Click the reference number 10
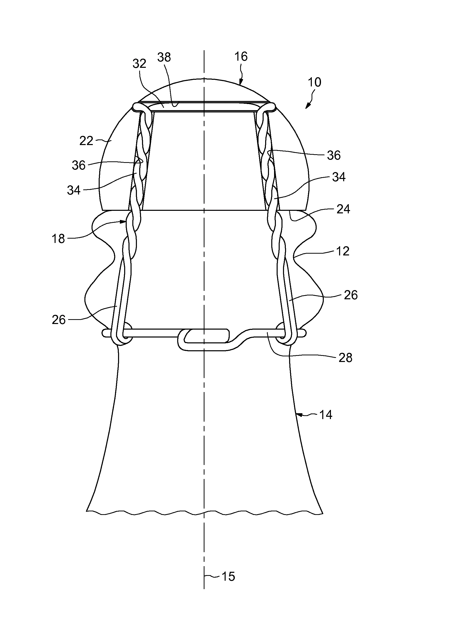tap(314, 82)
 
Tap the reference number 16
tap(241, 57)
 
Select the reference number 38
tap(164, 57)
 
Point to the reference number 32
tap(139, 64)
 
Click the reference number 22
tap(86, 141)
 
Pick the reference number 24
tap(343, 209)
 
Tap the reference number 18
tap(58, 239)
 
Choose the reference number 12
tap(342, 251)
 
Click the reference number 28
tap(345, 358)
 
